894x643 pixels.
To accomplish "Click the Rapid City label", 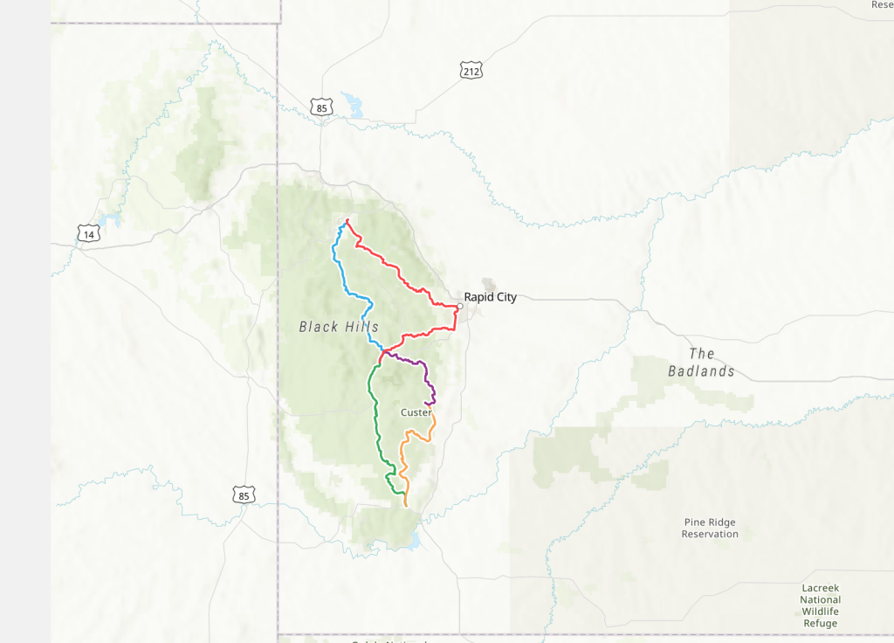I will click(490, 297).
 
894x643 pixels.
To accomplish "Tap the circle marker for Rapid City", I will click(459, 306).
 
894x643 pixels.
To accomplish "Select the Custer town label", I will click(416, 412).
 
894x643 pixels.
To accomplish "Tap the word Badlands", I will click(701, 371).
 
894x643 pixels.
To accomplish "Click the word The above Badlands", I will click(702, 354).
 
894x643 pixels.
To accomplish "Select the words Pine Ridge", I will click(710, 522).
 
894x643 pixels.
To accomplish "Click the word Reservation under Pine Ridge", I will click(710, 534).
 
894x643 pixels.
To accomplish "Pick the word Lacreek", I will click(820, 589).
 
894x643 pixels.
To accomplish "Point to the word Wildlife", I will click(820, 612).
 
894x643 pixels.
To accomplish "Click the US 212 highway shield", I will click(471, 70).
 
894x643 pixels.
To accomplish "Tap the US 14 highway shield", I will click(87, 233).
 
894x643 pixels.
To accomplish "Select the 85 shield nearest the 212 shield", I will click(321, 107).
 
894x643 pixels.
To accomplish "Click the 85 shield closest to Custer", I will click(244, 495).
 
